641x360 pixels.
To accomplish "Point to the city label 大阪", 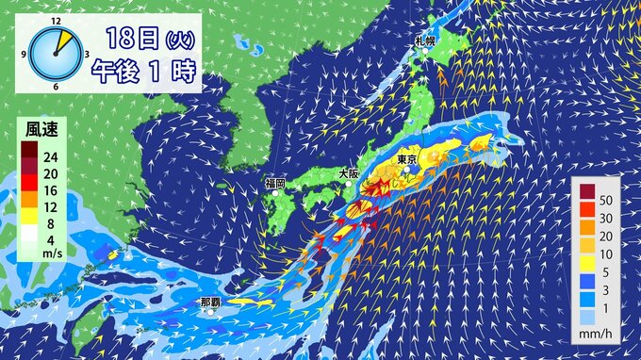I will point(348,173).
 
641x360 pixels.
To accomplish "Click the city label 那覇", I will point(210,303).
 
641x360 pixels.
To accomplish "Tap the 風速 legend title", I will point(39,129).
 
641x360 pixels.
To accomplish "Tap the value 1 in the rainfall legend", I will point(606,307).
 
